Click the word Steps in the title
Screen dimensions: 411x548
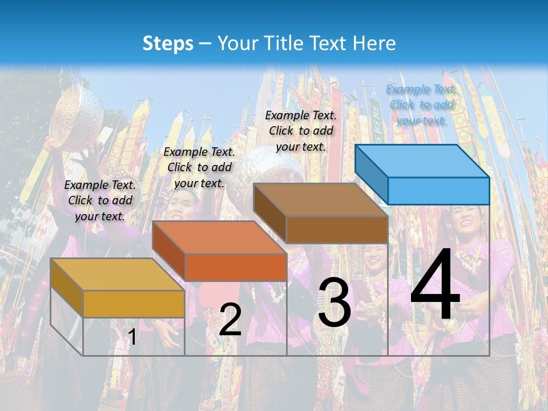[168, 43]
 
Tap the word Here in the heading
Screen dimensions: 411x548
[374, 43]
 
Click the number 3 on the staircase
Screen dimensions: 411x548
[334, 303]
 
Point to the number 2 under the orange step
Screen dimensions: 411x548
[230, 320]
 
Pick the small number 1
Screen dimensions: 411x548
[132, 337]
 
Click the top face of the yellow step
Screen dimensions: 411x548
[118, 275]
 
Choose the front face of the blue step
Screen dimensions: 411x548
[438, 191]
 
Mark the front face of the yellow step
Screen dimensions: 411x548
[134, 304]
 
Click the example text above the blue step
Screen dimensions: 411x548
[421, 104]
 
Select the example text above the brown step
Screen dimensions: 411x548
[301, 131]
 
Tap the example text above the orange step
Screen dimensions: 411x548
[199, 167]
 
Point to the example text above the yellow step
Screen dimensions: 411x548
[100, 200]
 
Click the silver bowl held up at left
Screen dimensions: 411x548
[77, 117]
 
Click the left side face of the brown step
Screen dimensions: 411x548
[269, 213]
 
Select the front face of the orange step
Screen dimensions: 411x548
[235, 267]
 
